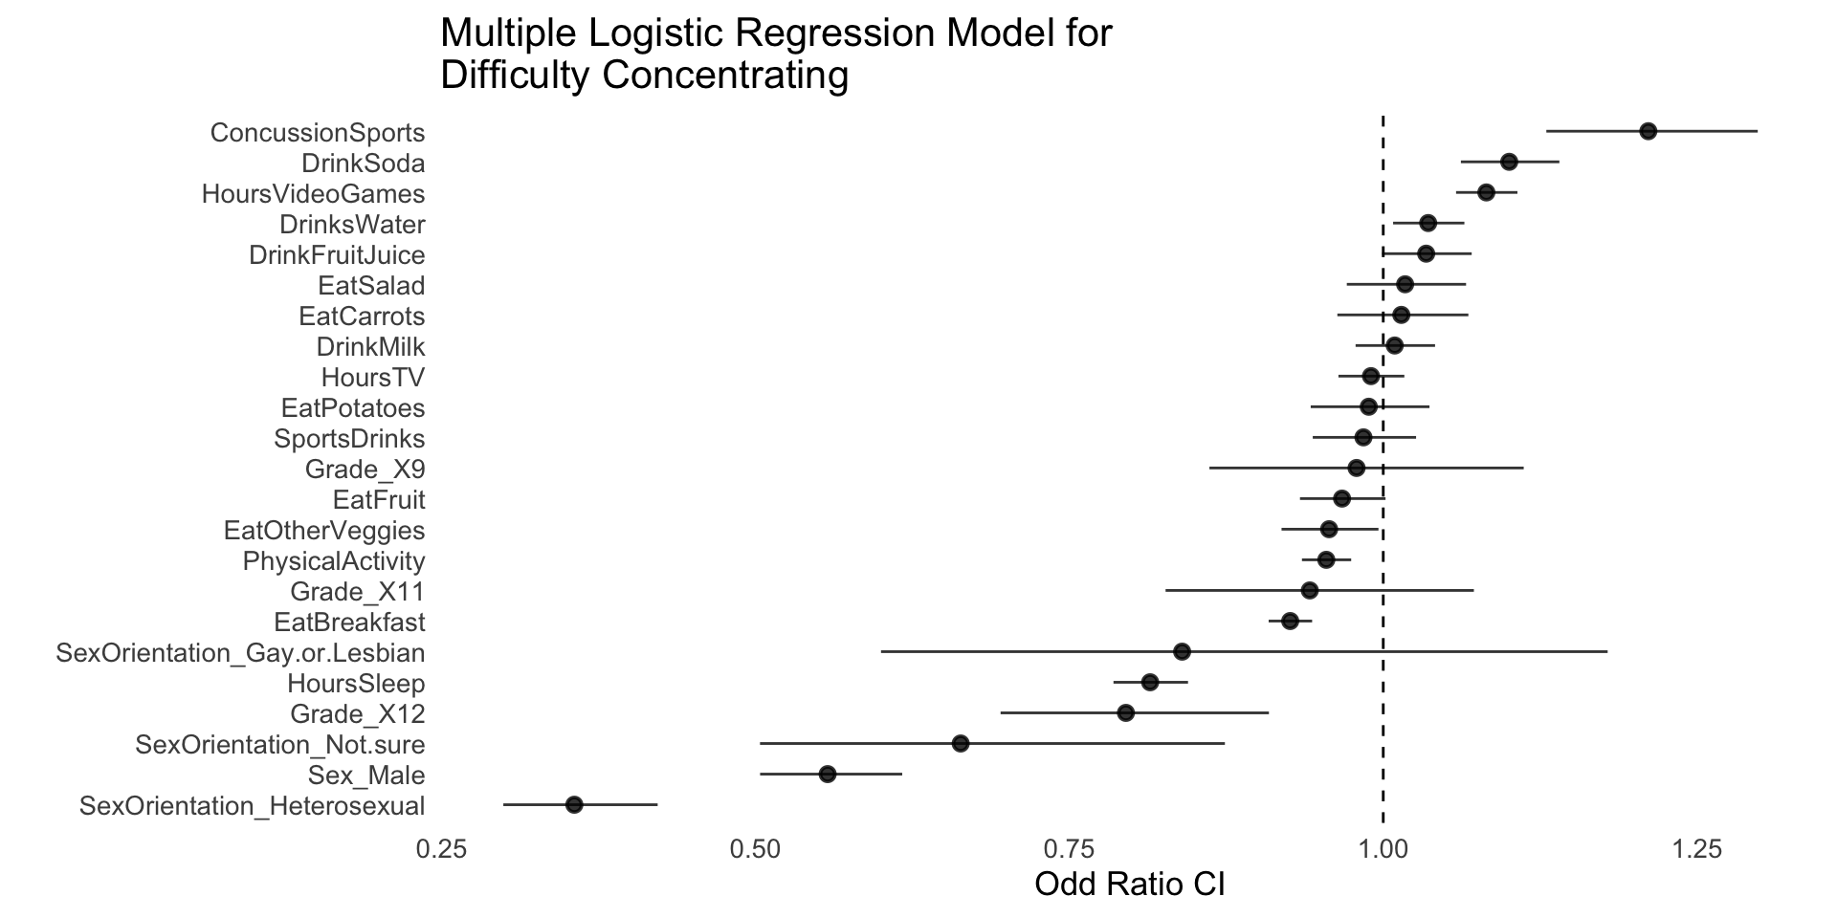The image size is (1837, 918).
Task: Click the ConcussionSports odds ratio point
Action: [1648, 131]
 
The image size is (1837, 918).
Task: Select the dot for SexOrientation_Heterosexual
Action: [574, 805]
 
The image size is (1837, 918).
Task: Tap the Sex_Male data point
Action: [828, 774]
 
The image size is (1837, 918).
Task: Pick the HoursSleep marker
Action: [1150, 682]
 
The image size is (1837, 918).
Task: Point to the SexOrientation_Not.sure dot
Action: [961, 744]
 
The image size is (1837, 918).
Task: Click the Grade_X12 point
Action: [1126, 712]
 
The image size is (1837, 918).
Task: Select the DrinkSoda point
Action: [1509, 162]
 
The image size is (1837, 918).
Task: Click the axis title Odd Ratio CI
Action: [1130, 885]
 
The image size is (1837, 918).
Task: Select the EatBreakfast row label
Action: [349, 623]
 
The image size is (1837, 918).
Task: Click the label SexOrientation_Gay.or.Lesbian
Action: [240, 653]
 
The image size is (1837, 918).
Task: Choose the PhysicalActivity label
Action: [334, 561]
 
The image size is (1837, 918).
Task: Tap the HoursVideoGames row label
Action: [313, 194]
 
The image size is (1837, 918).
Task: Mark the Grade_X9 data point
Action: [1356, 468]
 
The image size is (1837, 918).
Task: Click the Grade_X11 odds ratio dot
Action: [1310, 590]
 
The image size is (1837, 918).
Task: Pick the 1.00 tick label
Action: [1383, 848]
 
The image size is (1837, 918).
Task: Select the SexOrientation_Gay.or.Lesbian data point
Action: [1182, 651]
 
